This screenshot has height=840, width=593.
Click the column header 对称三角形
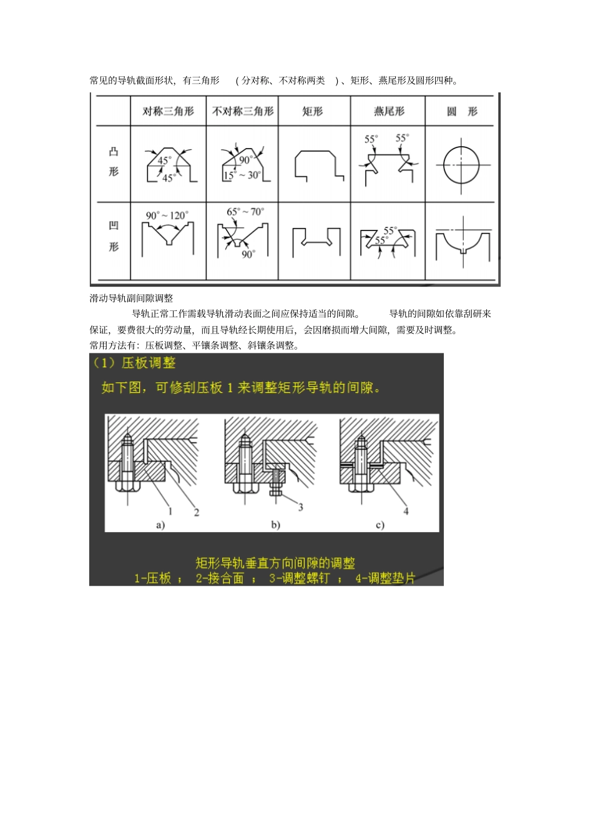tap(168, 111)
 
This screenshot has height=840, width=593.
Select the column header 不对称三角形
tap(242, 111)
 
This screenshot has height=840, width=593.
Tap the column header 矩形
tap(313, 111)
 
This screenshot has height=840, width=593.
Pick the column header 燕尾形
tap(389, 111)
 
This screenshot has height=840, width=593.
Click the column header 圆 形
tap(462, 111)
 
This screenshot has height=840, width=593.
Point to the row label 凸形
tap(114, 161)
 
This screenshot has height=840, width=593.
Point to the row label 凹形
tap(114, 236)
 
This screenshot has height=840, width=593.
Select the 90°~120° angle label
tap(167, 215)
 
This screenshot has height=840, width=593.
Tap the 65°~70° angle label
tap(245, 212)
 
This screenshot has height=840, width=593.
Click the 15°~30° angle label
tap(242, 175)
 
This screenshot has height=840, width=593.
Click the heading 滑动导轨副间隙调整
tap(131, 299)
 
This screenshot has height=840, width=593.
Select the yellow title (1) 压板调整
tap(134, 363)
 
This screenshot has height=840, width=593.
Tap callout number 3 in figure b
tap(300, 507)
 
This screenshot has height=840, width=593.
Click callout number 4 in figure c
tap(406, 511)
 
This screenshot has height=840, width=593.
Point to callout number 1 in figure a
tap(170, 511)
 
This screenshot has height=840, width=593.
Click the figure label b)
tap(275, 525)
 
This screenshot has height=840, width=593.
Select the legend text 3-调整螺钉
tap(299, 578)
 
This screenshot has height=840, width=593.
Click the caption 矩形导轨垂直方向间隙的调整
tap(275, 563)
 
